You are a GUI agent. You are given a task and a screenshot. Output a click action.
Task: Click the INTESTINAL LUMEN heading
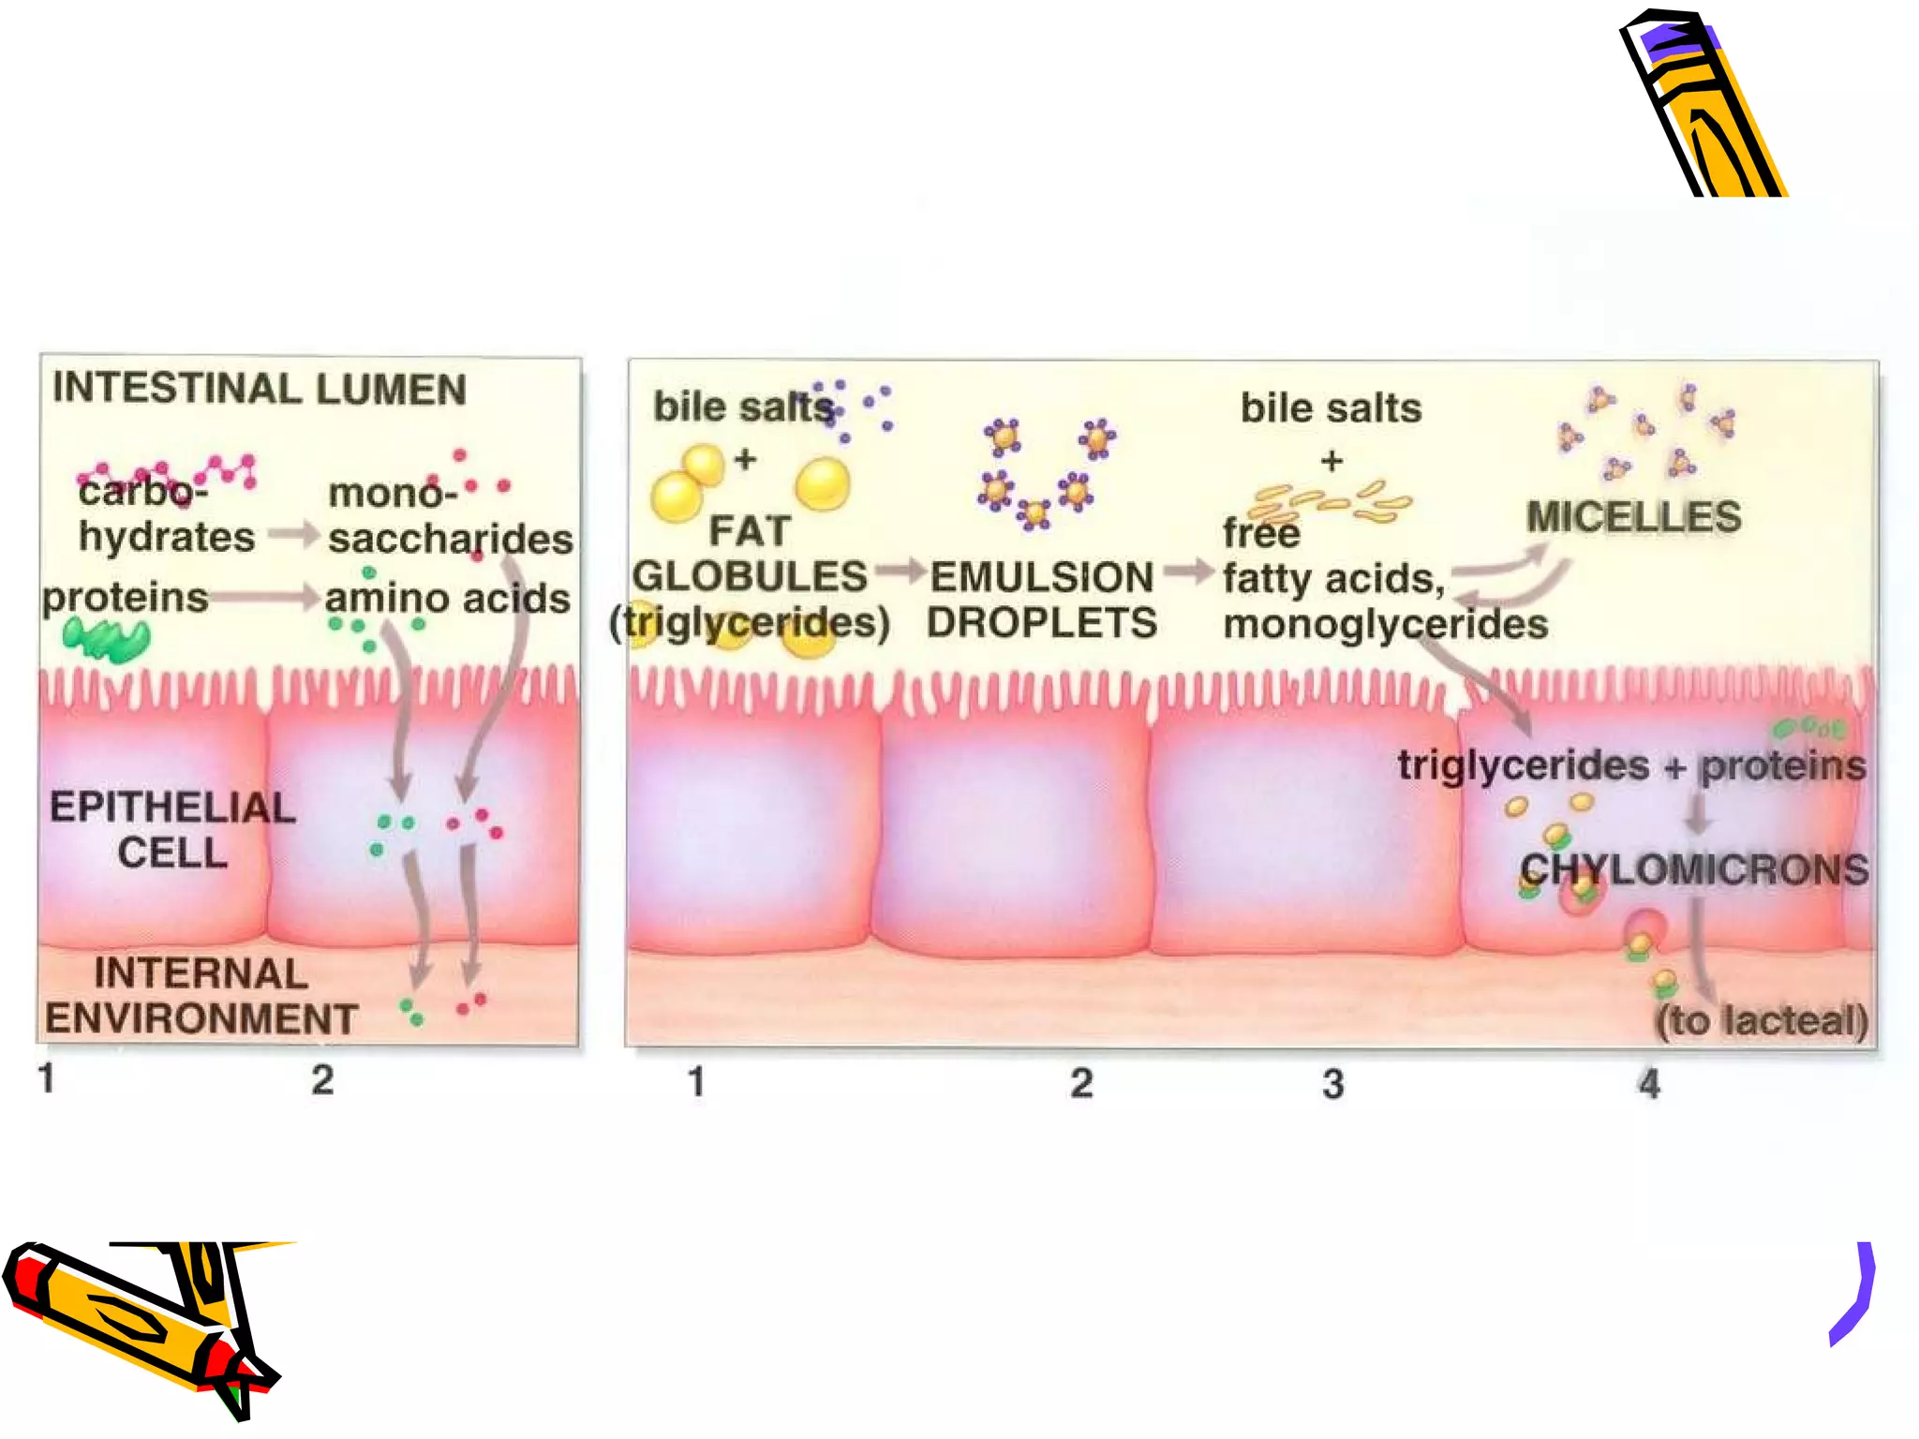(259, 389)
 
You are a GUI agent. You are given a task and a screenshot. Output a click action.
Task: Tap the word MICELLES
(1633, 517)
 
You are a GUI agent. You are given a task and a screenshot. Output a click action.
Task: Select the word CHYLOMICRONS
(1694, 869)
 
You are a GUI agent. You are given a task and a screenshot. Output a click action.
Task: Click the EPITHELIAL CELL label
(172, 830)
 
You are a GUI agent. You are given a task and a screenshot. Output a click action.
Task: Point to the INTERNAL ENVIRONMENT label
(201, 996)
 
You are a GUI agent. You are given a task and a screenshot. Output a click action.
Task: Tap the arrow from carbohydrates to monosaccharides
(293, 535)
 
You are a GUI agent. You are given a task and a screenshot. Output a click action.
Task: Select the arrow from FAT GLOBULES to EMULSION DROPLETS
(900, 571)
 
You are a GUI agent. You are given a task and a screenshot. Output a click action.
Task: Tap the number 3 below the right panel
(1333, 1084)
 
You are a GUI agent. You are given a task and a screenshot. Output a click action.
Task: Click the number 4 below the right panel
(1649, 1084)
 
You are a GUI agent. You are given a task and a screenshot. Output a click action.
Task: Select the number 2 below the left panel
(322, 1080)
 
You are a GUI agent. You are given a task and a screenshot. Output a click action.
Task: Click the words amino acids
(447, 599)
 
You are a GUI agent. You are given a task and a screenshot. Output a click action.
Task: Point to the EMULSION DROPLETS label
(1041, 600)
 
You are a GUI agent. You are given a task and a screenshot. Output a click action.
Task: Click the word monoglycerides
(1385, 624)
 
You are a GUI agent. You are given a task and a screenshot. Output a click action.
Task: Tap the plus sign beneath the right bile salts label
(1331, 461)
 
